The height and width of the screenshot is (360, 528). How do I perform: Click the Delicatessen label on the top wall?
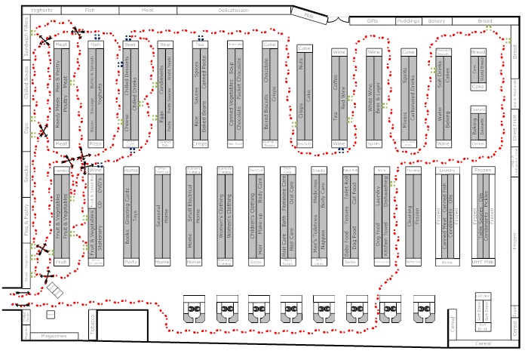click(x=235, y=11)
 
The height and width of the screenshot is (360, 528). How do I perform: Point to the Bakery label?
click(x=437, y=21)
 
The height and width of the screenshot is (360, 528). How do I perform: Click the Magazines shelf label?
click(x=54, y=336)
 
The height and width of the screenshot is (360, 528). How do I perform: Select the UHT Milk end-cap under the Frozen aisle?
click(x=481, y=262)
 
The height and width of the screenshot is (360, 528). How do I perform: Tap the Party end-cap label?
click(x=130, y=262)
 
